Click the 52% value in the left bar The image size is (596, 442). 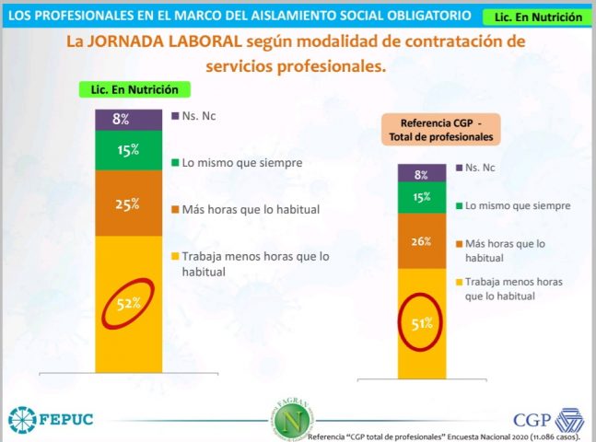128,301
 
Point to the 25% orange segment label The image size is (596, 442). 128,204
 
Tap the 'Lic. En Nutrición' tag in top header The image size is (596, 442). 538,17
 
